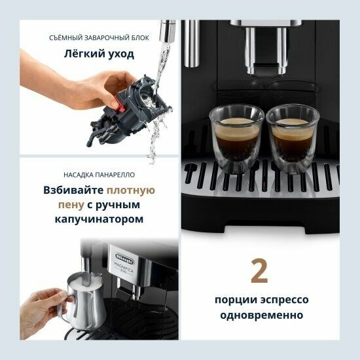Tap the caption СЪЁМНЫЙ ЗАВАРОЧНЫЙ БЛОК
coord(99,38)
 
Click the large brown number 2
coord(260,271)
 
